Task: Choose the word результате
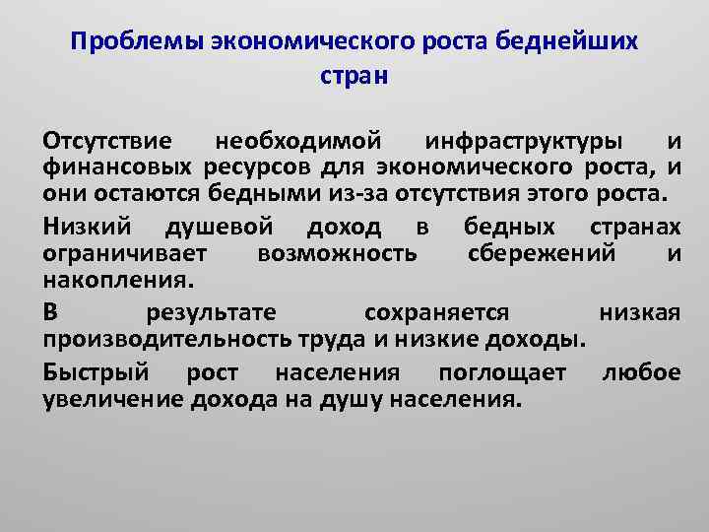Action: (x=210, y=313)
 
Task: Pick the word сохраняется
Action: (x=436, y=313)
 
